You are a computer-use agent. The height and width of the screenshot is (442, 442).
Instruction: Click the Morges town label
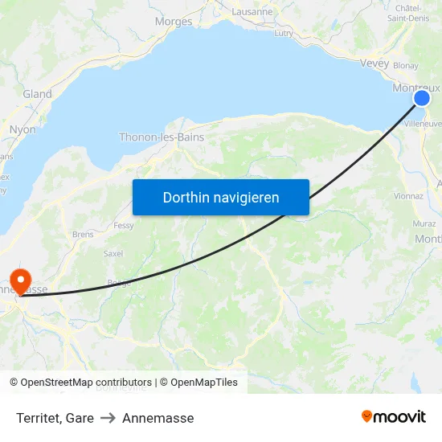point(173,22)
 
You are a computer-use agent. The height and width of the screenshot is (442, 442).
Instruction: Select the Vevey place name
point(374,63)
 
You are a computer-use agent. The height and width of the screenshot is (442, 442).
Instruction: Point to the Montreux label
point(416,87)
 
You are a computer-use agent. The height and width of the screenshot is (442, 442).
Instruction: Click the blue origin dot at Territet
point(422,98)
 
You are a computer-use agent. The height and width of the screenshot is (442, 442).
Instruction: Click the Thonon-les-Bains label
point(162,137)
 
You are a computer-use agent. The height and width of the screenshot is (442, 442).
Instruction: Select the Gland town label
point(38,94)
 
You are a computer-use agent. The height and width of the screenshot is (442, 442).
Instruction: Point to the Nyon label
point(23,129)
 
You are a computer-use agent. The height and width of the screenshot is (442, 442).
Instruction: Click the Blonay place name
point(406,67)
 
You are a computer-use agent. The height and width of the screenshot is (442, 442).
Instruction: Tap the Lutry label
point(284,33)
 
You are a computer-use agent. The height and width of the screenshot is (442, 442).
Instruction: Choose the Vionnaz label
point(409,195)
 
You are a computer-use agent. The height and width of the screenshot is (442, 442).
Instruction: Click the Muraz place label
point(424,223)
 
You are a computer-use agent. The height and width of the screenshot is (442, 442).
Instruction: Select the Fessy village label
point(124,226)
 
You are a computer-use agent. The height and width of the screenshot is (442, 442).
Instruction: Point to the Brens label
point(83,234)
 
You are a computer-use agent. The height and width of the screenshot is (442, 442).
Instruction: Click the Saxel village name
point(113,253)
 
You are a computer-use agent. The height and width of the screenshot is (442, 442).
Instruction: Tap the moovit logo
point(394,416)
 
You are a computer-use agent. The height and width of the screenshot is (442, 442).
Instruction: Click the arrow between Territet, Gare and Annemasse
point(108,418)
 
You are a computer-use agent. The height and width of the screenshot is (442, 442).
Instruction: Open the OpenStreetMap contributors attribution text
point(86,383)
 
